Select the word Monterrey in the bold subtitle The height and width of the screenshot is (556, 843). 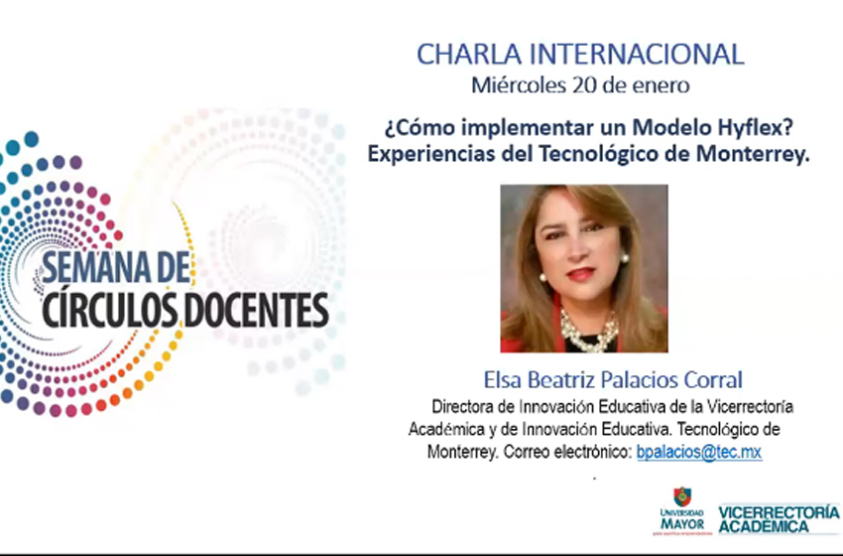pyautogui.click(x=753, y=154)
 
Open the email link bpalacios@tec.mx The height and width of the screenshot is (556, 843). pyautogui.click(x=699, y=452)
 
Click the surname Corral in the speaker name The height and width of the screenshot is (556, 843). pyautogui.click(x=713, y=380)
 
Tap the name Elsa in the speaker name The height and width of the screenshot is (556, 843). pyautogui.click(x=503, y=380)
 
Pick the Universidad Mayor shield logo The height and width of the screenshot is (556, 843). pyautogui.click(x=682, y=496)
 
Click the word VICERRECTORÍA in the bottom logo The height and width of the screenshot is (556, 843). pyautogui.click(x=779, y=512)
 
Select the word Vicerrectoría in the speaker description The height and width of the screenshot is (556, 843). pyautogui.click(x=750, y=406)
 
